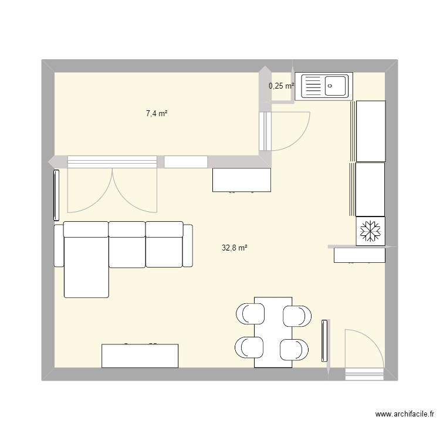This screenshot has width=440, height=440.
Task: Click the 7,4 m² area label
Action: pos(157,113)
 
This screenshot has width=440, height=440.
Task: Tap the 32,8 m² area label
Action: pos(234,248)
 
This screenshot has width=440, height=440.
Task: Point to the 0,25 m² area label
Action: pos(281,86)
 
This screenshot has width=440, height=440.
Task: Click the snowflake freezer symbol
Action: pos(370,231)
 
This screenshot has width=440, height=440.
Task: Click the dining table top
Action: pos(273,332)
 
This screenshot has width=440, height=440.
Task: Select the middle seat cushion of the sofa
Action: pos(127,243)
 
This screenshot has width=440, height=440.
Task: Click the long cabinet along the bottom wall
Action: pos(140,356)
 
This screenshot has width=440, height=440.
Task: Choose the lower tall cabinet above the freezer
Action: pos(370,189)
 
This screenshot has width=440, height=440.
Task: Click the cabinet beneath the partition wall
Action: pos(242,180)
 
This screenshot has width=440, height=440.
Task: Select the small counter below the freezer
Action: pos(359,255)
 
